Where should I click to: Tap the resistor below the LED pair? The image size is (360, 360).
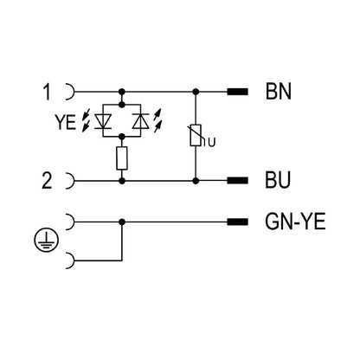coord(122,157)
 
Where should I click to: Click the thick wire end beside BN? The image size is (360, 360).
coord(236,90)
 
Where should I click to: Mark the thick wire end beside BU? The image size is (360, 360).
coord(236,181)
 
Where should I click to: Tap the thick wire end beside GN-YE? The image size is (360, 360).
coord(236,222)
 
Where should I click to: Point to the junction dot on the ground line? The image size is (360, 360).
coord(122,222)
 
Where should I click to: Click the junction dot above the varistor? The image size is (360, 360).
coord(197,90)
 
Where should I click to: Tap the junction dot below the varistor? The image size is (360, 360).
coord(197,181)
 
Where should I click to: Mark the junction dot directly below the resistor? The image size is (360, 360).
coord(122,181)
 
